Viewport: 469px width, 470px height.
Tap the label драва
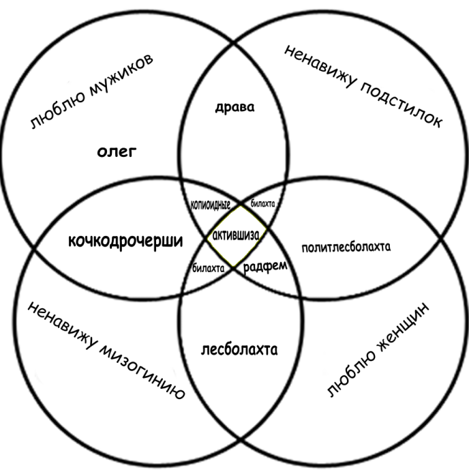click(x=230, y=106)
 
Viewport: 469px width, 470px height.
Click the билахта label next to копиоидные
click(x=262, y=203)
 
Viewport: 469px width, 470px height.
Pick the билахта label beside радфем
click(x=208, y=268)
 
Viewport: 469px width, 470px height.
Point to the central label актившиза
click(x=235, y=235)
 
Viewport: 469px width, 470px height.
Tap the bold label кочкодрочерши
click(x=126, y=241)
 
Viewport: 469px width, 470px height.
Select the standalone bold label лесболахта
click(x=239, y=351)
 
